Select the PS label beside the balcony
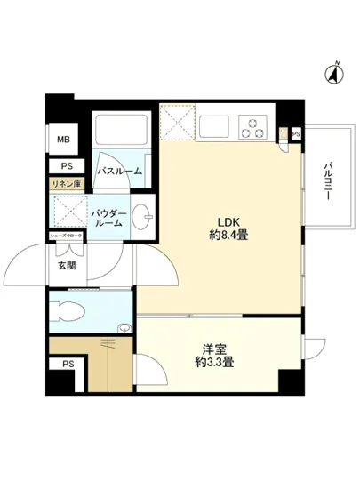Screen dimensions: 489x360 (295, 134)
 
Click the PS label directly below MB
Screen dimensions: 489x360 (66, 166)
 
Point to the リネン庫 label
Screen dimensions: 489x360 (66, 184)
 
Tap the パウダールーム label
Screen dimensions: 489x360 (111, 220)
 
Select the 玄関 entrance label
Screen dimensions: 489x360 (67, 265)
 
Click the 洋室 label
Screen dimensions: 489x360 (213, 349)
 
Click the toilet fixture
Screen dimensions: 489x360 (71, 311)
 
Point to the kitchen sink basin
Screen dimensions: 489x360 (214, 127)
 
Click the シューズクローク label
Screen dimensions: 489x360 (67, 235)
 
